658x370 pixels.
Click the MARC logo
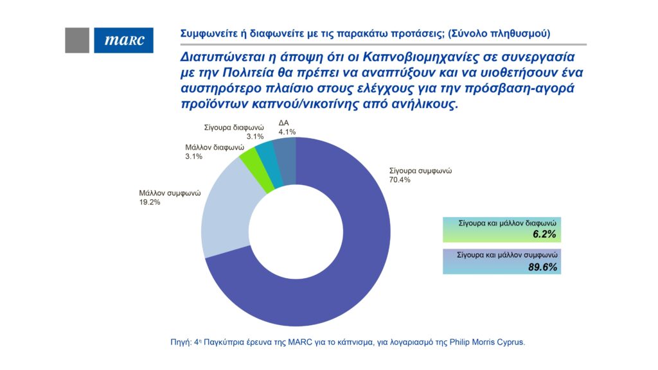[123, 40]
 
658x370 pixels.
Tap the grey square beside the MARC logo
[77, 40]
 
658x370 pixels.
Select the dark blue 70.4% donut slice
[347, 270]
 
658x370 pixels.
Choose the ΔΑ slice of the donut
[285, 154]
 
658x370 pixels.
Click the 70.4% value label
[399, 180]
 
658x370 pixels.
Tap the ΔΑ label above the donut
[283, 123]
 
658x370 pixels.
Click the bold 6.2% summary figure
[545, 235]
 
